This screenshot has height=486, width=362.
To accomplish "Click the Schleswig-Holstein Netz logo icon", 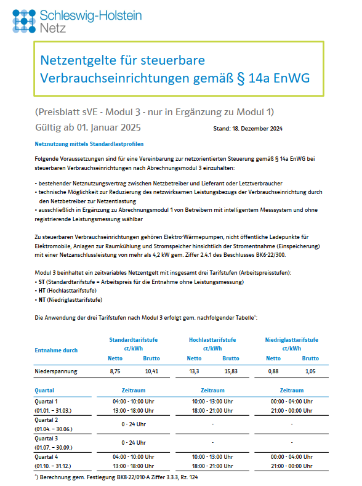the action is (23, 20).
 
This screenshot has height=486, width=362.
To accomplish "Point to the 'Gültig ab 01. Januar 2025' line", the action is (89, 128).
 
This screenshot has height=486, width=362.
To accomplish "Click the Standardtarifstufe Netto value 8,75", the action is (115, 371).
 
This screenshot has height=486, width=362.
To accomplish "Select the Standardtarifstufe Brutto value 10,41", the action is (151, 371).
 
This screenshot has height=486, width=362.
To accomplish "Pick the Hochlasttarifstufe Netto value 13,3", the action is (194, 371).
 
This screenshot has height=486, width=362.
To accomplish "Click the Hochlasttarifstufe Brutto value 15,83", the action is (231, 371).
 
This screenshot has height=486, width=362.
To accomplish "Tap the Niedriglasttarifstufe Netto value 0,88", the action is (273, 371).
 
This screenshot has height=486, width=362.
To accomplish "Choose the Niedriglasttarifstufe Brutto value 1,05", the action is (311, 371).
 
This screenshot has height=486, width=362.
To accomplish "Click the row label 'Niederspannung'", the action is (55, 371).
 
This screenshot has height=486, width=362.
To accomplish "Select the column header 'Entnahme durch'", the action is (55, 350).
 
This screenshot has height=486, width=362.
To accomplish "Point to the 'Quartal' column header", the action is (44, 391).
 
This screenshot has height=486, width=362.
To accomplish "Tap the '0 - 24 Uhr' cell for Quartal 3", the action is (134, 442).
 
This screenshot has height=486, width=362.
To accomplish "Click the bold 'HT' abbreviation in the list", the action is (41, 290).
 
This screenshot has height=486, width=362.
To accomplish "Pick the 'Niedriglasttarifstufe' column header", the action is (292, 339).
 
